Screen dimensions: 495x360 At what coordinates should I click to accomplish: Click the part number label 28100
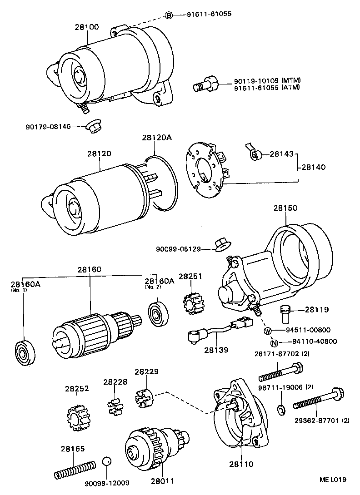pos(86,27)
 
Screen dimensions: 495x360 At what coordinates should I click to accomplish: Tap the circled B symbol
pos(169,15)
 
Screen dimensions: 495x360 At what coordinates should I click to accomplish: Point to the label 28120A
pos(156,138)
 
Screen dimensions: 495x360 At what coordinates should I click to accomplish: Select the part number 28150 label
pos(285,208)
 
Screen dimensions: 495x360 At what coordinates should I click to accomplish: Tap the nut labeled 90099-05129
pos(222,244)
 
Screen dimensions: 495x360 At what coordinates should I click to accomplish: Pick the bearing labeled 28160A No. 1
pos(24,351)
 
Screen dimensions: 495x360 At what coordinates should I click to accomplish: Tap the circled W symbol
pos(268,330)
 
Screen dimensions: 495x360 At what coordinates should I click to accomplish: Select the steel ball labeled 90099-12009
pos(106,462)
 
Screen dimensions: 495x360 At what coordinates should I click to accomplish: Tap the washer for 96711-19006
pos(281,408)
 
